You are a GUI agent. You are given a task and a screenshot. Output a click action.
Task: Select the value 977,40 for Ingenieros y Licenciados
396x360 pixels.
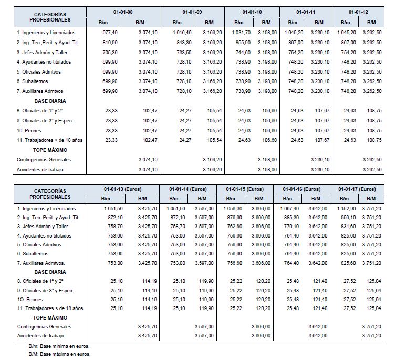tap(108, 32)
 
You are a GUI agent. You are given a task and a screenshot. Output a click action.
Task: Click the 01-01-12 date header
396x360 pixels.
tap(358, 11)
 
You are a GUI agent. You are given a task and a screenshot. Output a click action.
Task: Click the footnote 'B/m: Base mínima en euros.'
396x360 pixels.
tap(59, 347)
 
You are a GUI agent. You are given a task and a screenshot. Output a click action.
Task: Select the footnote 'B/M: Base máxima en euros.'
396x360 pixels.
tap(59, 355)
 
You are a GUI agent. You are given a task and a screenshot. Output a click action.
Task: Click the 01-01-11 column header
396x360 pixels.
tap(306, 11)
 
